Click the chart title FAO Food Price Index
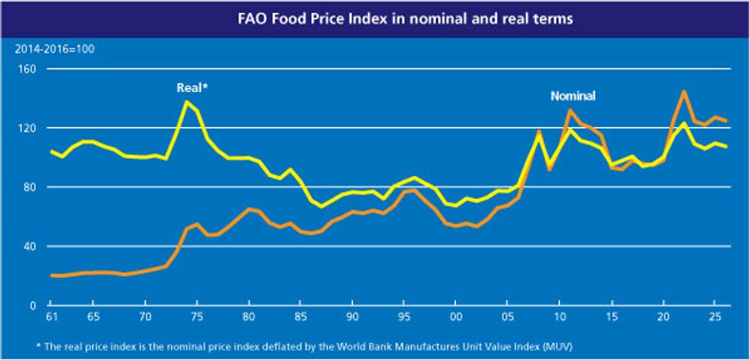(x=374, y=16)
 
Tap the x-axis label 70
(x=147, y=316)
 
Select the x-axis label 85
(x=300, y=316)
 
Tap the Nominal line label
(x=573, y=95)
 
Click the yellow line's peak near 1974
(x=187, y=102)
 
